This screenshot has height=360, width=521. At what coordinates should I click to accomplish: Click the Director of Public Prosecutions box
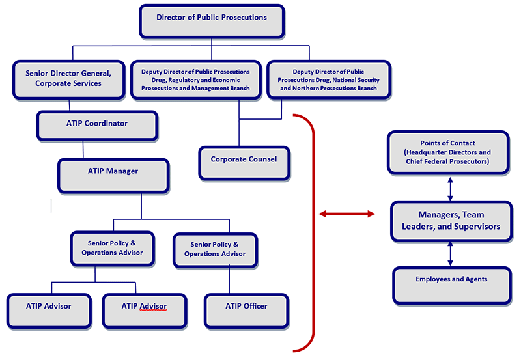pos(212,21)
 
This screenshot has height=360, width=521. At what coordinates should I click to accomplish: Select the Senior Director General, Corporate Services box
pos(68,79)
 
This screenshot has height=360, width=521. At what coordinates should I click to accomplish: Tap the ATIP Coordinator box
pos(97,125)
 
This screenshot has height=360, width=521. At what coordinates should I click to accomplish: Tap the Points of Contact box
pos(449,152)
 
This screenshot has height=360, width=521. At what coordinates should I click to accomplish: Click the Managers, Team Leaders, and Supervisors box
pos(450,221)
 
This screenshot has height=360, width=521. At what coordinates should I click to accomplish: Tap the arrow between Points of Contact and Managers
pos(450,189)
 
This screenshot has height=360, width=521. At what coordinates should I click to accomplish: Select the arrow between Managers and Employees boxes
pos(450,253)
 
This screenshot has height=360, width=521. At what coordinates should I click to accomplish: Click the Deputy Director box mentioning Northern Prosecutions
pos(328,79)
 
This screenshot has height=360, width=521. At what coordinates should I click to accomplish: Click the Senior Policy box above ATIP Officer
pos(215,249)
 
